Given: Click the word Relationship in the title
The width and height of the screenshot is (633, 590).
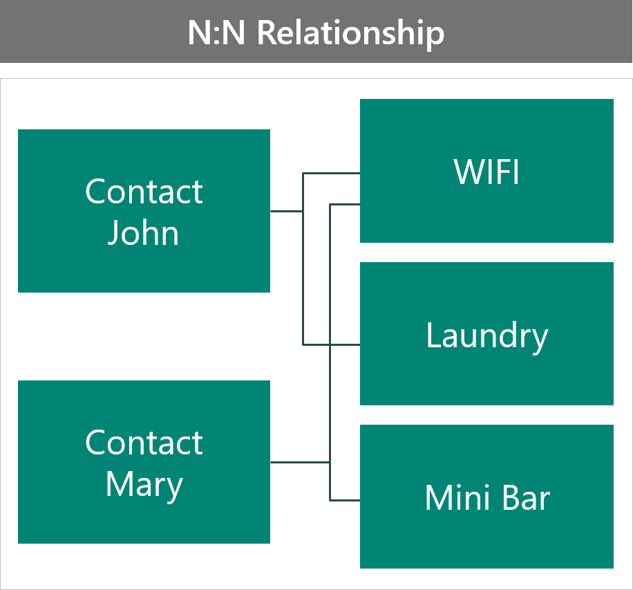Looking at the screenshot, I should [350, 33].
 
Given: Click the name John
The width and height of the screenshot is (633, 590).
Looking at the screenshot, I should [143, 233].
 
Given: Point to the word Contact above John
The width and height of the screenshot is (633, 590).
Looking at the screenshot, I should [144, 191].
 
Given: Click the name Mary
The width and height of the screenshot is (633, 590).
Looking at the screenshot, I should [144, 484].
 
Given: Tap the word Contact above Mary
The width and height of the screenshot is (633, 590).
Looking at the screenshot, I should [144, 443].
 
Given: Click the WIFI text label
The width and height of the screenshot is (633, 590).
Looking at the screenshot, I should [486, 172].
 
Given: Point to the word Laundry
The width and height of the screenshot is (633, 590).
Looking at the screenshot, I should [486, 335].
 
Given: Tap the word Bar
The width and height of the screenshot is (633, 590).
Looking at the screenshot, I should [527, 498].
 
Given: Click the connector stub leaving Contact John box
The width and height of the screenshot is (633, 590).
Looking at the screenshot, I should [286, 211].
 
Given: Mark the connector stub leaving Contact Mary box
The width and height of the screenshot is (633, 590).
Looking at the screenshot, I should [299, 461].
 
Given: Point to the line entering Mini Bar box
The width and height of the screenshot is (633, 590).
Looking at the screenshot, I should [345, 499].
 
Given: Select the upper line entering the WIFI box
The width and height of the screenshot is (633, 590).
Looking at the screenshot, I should [332, 173].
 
